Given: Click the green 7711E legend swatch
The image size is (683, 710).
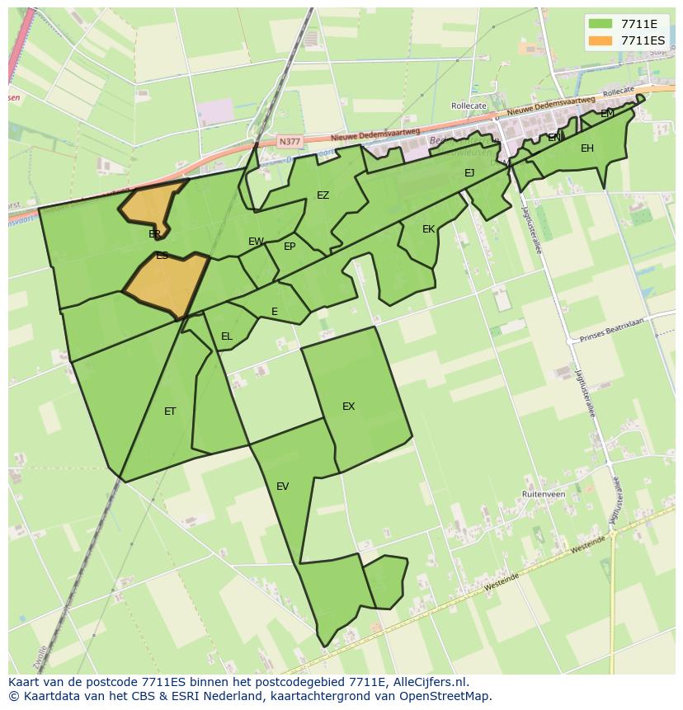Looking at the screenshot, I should [600, 24].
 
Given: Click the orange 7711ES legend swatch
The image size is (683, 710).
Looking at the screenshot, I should [600, 40].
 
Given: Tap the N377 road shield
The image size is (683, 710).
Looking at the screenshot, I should [290, 142].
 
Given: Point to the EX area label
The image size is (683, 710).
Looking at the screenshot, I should [349, 407].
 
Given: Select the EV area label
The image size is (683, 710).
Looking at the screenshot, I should [283, 487].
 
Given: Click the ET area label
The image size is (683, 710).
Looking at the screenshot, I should [170, 411].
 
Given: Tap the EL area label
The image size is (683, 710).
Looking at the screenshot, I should [227, 336].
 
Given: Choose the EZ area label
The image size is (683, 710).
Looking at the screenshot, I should [323, 195].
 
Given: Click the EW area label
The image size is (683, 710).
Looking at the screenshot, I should [256, 242].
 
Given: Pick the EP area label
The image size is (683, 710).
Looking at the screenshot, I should [290, 247].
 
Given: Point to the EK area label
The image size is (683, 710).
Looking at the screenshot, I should [428, 229].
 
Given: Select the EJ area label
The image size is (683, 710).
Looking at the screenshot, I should [469, 173].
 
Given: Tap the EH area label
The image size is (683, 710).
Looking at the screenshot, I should [587, 148].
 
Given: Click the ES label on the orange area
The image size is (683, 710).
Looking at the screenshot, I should [163, 256].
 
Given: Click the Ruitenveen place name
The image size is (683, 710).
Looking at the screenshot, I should [544, 494].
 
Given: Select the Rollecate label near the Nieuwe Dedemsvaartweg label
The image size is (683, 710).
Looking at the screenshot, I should [469, 106].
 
